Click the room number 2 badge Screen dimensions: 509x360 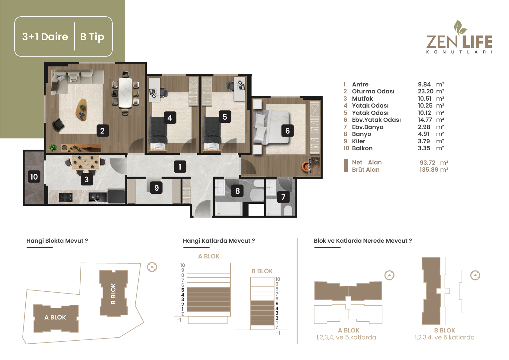(102, 131)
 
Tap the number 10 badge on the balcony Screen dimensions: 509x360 (34, 177)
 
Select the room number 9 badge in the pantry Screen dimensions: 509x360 (156, 188)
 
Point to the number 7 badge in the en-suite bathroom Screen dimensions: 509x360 (283, 197)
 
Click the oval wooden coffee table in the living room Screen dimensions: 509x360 (81, 110)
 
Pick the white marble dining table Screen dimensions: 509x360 (125, 93)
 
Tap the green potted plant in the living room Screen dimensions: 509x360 (53, 148)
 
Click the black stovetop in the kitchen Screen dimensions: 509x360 (66, 197)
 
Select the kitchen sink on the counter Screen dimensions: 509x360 (98, 197)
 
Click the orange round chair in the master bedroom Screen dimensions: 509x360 (306, 166)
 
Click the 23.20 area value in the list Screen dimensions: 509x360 (426, 91)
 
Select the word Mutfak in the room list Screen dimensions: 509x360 (362, 99)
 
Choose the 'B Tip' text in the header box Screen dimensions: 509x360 (92, 37)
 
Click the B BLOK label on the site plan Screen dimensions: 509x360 (113, 294)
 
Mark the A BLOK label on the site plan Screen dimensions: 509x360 (55, 317)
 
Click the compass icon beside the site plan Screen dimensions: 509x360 (152, 267)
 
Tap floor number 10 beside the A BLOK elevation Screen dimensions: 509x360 (183, 265)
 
